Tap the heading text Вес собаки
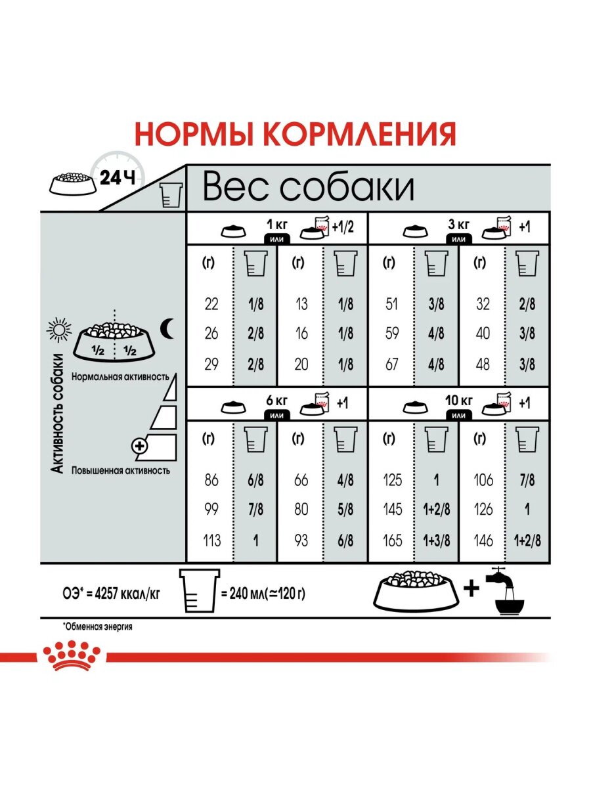click(308, 187)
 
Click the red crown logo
click(72, 656)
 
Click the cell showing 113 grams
click(211, 540)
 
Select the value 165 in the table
click(392, 540)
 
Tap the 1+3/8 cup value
click(436, 540)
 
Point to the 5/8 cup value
click(345, 510)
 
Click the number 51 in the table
click(392, 304)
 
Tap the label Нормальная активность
click(122, 377)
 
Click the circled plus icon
click(140, 447)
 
